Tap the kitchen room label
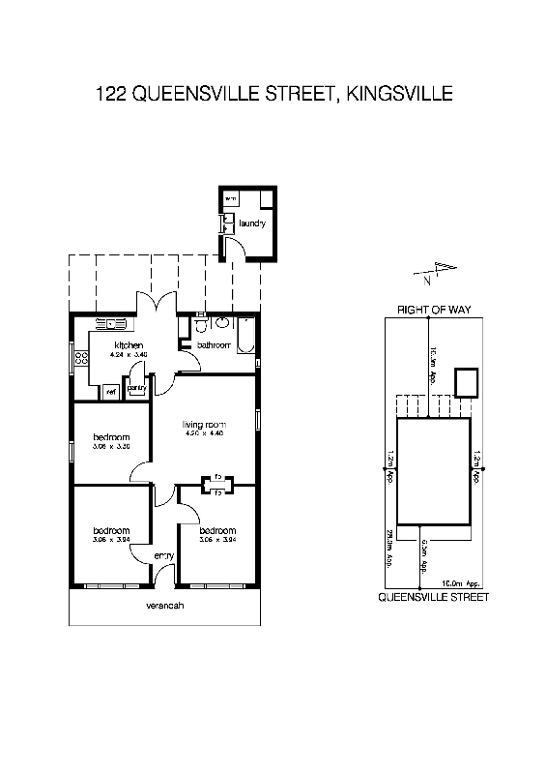tap(129, 345)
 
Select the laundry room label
tap(251, 223)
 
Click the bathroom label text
tap(214, 344)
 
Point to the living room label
tap(204, 424)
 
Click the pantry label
tap(136, 388)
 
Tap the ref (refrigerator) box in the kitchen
tap(111, 391)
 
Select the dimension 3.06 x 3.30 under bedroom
tap(111, 447)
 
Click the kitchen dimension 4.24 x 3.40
tap(129, 355)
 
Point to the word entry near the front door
tap(163, 555)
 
